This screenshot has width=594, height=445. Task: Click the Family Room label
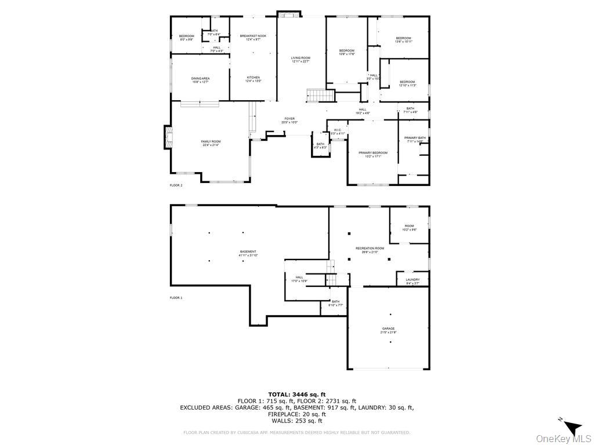(211, 143)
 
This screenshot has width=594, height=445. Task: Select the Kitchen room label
(253, 79)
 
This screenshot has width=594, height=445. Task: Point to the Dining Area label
(200, 80)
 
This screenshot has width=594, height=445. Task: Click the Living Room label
(300, 59)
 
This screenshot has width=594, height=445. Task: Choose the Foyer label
(289, 120)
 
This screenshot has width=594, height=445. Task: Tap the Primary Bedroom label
(372, 154)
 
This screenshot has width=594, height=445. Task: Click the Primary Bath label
(415, 139)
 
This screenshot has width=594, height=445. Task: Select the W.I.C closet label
(338, 132)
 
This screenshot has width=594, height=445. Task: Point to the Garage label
(388, 330)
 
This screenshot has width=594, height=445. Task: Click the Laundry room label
(412, 281)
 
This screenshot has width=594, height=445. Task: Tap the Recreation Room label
(370, 250)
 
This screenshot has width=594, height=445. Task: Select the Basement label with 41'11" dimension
(248, 253)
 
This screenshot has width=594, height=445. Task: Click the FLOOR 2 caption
(176, 185)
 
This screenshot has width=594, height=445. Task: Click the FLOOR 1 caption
(176, 298)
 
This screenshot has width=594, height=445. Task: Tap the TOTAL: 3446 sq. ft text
(296, 394)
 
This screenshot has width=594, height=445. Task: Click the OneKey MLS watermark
(563, 438)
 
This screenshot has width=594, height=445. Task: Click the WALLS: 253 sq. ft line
(296, 421)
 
